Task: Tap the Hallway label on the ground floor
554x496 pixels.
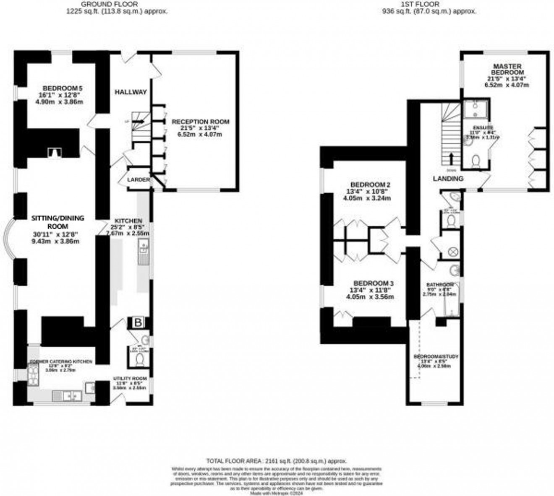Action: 131,92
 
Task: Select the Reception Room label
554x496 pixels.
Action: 201,122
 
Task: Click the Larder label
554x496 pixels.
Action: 138,180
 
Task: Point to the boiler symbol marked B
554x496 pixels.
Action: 138,322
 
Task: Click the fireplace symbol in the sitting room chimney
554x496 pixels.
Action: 53,154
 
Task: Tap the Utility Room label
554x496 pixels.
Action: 130,379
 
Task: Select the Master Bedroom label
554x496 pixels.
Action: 507,69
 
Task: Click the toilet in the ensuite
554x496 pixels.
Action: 476,162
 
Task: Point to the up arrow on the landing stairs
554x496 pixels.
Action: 451,159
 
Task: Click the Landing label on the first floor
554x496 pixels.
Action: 448,179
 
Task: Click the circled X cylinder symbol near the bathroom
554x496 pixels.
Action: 453,252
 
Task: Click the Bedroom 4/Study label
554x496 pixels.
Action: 436,357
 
